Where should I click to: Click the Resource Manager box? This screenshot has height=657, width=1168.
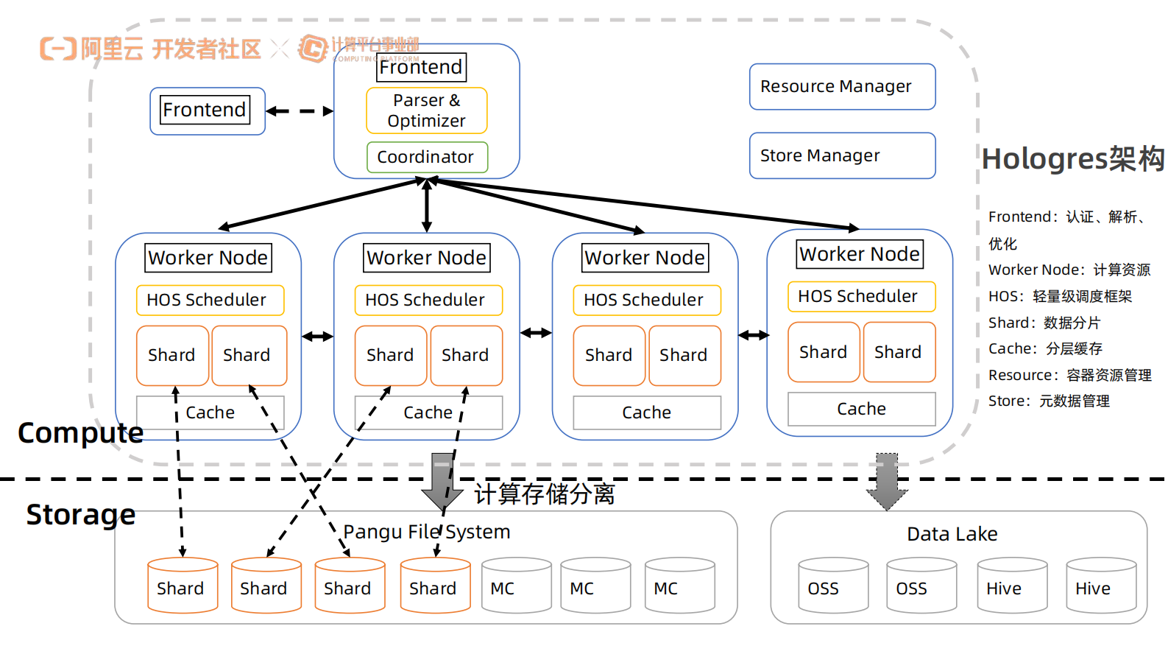tap(842, 87)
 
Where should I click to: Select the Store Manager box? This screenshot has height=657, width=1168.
tap(842, 155)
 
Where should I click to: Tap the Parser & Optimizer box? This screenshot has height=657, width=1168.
tap(426, 110)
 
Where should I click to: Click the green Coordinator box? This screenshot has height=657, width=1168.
tap(427, 157)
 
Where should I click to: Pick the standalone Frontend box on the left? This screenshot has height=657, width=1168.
tap(207, 110)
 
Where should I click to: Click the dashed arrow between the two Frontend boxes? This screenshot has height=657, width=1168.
tap(300, 111)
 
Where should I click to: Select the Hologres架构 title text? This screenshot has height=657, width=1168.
tap(1072, 159)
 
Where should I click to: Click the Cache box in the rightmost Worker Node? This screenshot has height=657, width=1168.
tap(861, 409)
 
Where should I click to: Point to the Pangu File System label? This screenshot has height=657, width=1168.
tap(426, 532)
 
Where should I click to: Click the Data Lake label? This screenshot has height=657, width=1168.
tap(952, 534)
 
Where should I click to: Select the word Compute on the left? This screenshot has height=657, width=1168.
tap(80, 433)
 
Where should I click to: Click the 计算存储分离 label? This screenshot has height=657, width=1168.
tap(544, 493)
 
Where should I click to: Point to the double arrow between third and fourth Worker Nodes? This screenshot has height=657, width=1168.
tap(753, 335)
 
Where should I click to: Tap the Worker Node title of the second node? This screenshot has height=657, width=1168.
tap(426, 258)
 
